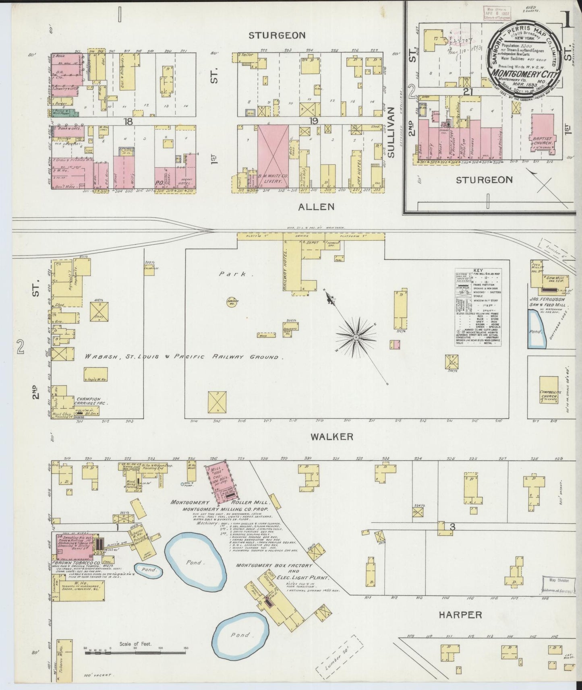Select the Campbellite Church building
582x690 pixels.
click(x=549, y=390)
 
